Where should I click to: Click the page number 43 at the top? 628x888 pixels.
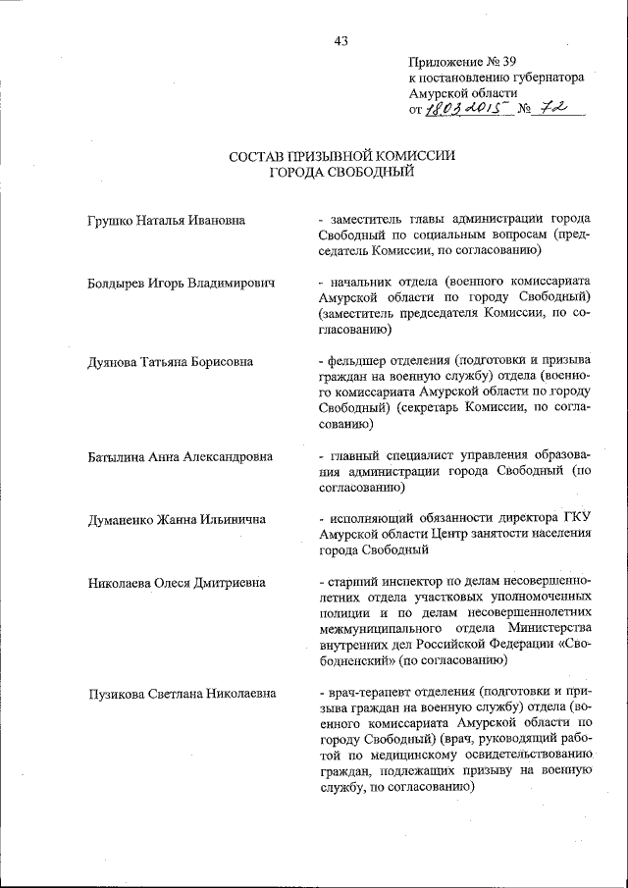pos(340,40)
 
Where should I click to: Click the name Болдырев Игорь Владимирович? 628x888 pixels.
pos(180,283)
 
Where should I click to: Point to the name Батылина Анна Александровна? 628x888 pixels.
pos(179,455)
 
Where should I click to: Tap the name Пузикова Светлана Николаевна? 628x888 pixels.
pos(181,693)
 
